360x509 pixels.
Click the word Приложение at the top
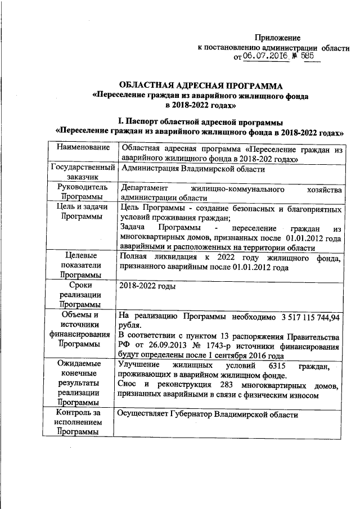tap(278, 37)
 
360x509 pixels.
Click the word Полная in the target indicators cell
tap(133, 258)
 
